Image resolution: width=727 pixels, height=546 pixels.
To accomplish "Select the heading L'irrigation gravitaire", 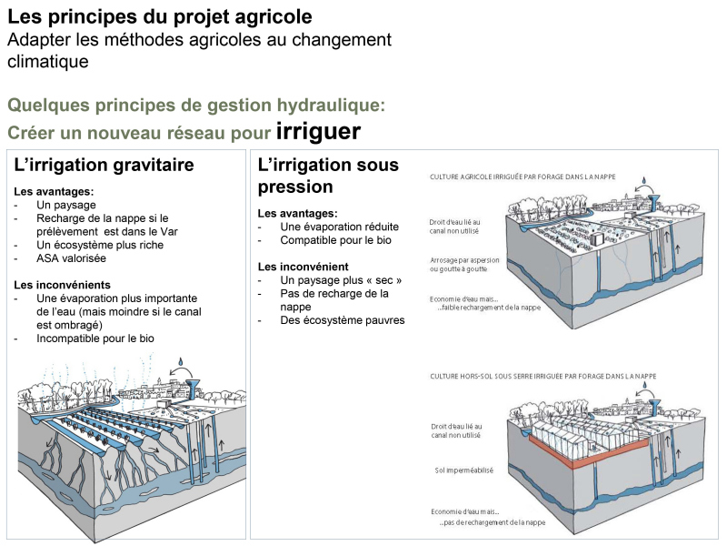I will (x=104, y=166).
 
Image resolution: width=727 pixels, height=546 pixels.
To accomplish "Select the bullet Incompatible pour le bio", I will (x=95, y=338).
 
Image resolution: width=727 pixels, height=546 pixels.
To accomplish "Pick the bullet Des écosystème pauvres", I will (x=343, y=319).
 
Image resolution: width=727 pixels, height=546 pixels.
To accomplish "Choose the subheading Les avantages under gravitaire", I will (x=54, y=192).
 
